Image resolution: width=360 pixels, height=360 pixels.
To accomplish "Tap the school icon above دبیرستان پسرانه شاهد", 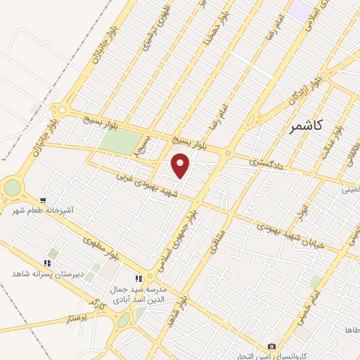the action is point(48,262).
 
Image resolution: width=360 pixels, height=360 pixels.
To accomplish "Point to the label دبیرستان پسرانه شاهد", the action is point(47,272).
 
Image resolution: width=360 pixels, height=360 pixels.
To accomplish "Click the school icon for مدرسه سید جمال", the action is point(139,278).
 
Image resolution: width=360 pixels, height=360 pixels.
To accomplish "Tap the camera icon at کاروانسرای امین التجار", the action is point(272,346).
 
